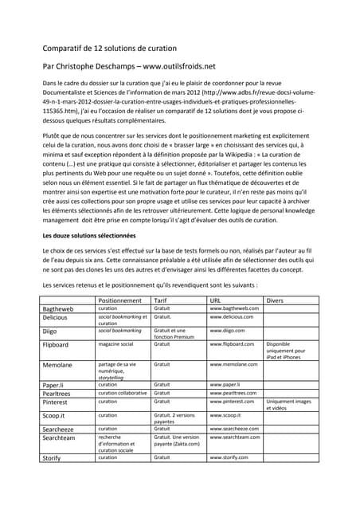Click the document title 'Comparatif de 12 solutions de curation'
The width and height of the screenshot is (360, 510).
pyautogui.click(x=109, y=49)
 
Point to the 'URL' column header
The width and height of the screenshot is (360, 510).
pyautogui.click(x=215, y=300)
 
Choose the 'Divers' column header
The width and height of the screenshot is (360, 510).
pyautogui.click(x=274, y=300)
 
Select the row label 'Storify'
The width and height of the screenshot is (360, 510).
pyautogui.click(x=54, y=458)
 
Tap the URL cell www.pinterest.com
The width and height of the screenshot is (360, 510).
pyautogui.click(x=231, y=402)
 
